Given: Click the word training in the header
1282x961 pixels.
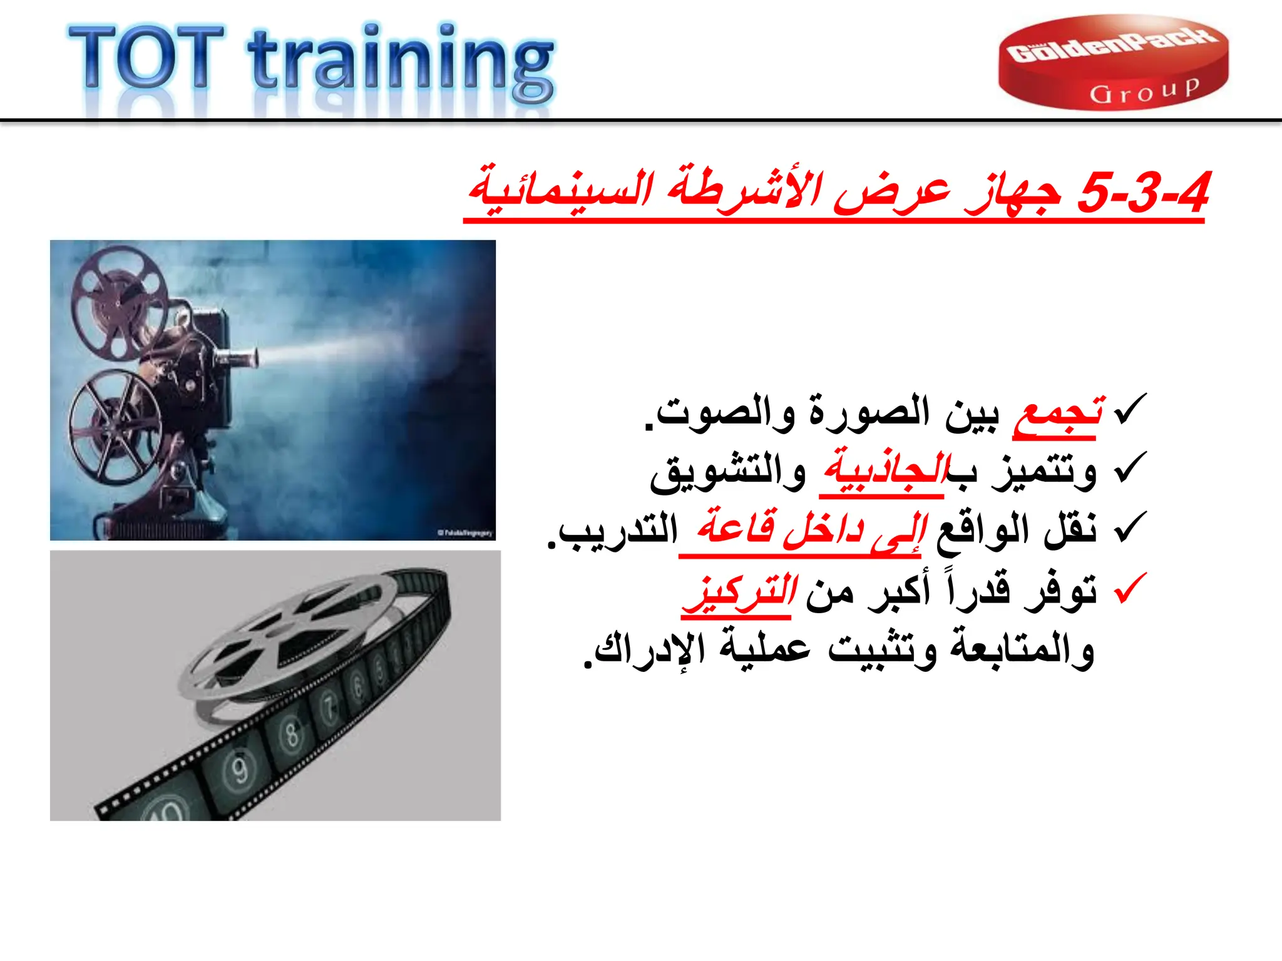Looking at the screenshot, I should coord(401,63).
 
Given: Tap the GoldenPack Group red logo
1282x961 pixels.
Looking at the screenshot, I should coord(1113,63).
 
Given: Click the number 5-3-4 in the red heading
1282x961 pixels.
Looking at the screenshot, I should coord(1143,193).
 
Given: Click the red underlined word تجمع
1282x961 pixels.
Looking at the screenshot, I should coord(1058,413).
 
